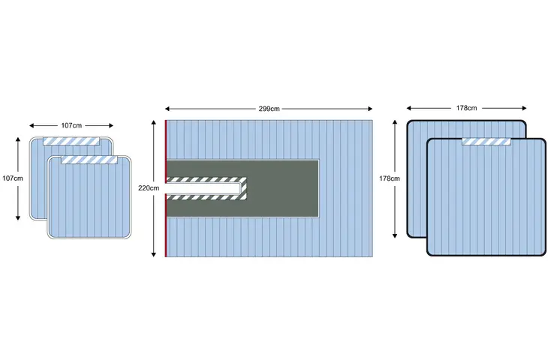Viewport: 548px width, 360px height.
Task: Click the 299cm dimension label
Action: (269, 109)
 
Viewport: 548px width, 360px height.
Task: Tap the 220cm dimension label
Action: (149, 188)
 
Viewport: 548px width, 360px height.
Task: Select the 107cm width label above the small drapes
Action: (71, 125)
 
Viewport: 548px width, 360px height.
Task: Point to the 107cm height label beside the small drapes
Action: (13, 178)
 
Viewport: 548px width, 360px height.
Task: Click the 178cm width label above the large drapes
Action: (466, 108)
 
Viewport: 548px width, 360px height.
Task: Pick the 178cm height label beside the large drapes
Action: (390, 178)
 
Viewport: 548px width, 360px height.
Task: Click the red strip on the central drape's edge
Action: (166, 188)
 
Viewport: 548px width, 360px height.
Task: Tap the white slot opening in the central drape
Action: (203, 188)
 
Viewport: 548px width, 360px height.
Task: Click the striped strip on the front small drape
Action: (89, 160)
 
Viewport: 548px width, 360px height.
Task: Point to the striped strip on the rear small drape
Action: (71, 141)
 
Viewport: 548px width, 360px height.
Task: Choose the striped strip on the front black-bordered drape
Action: (486, 142)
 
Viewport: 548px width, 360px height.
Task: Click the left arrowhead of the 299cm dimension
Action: (167, 109)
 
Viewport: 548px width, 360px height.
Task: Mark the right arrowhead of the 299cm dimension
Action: (370, 109)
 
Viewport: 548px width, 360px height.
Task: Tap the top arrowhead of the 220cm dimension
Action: (153, 122)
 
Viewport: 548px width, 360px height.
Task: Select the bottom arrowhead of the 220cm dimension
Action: (153, 254)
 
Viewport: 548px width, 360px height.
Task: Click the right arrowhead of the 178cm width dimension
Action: (524, 108)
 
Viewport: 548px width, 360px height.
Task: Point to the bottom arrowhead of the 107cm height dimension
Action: (18, 218)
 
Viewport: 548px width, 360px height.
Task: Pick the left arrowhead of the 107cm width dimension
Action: (32, 126)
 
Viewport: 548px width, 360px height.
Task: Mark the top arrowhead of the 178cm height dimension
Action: (395, 122)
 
